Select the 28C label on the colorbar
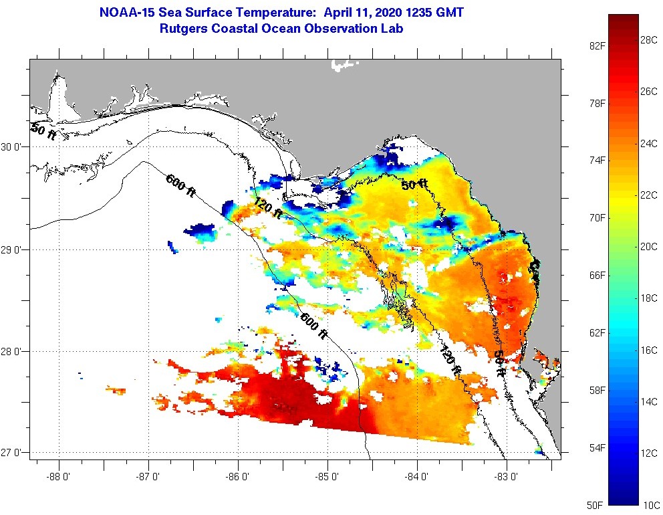tap(648, 40)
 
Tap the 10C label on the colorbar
tap(648, 504)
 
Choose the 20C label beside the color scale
tap(648, 246)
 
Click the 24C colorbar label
tap(648, 143)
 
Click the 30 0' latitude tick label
tap(13, 147)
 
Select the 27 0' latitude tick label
tap(13, 453)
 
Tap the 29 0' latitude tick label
tap(13, 250)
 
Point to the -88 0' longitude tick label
tap(59, 477)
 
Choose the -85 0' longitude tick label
tap(327, 477)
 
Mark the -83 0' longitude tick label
tap(507, 477)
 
